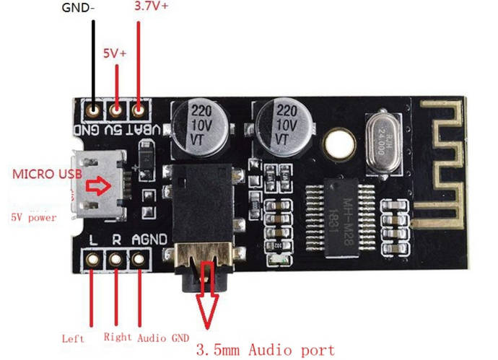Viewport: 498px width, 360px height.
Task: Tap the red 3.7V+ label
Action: [152, 8]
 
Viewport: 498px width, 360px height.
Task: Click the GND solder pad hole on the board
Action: [93, 110]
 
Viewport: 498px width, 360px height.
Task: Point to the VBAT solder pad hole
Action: [139, 110]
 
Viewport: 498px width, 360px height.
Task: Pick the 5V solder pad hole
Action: [115, 110]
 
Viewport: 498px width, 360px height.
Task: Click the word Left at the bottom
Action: [74, 338]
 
